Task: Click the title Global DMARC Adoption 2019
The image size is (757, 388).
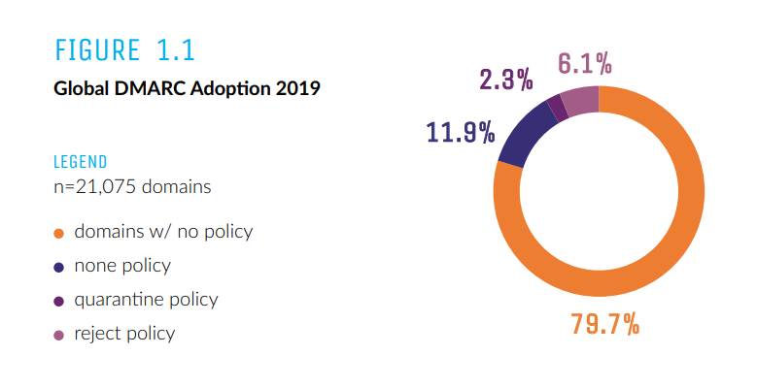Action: coord(187,88)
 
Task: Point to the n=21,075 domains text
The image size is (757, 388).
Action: coord(131,186)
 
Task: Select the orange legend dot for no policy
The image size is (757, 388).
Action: coord(59,233)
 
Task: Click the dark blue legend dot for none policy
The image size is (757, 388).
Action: coord(59,267)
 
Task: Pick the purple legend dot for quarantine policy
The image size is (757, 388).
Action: coord(59,301)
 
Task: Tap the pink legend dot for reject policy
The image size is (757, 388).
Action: coord(59,335)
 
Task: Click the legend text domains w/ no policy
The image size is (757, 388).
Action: coord(163,232)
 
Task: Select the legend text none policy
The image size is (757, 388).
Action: coord(122,266)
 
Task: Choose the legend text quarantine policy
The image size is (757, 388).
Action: coord(146,300)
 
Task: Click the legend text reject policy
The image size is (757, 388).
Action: coord(124,334)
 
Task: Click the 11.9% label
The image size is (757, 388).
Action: coord(461,132)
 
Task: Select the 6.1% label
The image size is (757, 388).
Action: coord(585,65)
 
